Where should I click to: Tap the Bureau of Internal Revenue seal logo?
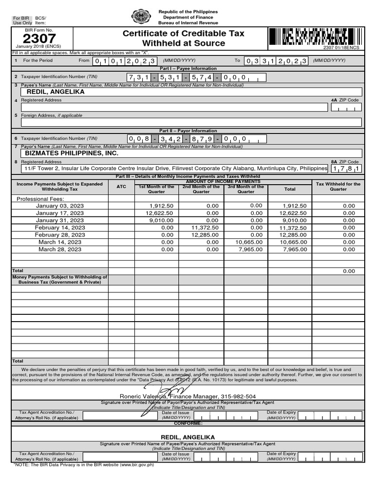click(x=141, y=17)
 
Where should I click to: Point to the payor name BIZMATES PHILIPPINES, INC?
click(x=72, y=153)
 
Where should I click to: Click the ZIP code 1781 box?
click(x=346, y=169)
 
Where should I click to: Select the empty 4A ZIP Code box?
click(x=346, y=107)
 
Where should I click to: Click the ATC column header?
click(x=121, y=187)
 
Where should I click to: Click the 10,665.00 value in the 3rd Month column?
click(x=249, y=242)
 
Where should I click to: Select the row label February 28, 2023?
click(x=60, y=235)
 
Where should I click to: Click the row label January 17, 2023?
click(x=60, y=213)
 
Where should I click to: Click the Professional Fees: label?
click(x=40, y=199)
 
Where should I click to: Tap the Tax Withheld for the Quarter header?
click(x=338, y=187)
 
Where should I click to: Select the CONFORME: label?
click(x=187, y=423)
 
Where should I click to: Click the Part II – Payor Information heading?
click(x=188, y=131)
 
